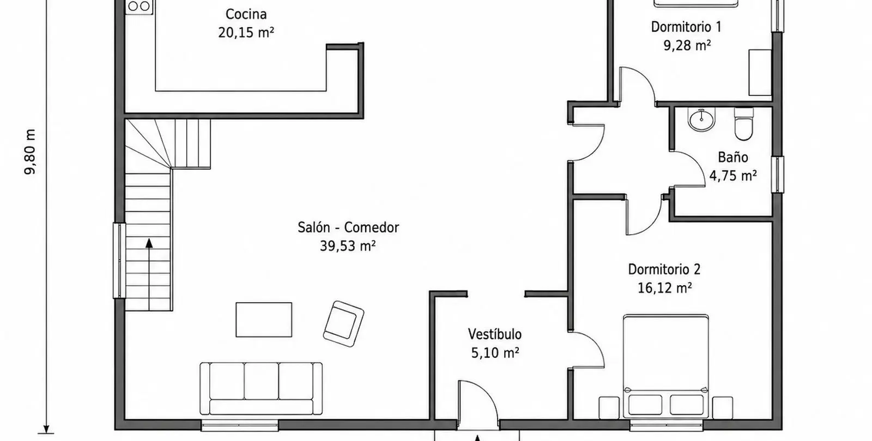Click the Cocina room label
pos(246,14)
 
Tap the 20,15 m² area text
pos(246,33)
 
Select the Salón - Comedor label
pos(348,228)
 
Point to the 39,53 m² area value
pos(348,246)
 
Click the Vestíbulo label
pos(495,334)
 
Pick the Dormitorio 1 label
pos(686,27)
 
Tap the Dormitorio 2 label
pos(664,269)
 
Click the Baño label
pos(733,157)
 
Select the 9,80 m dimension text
pos(30,152)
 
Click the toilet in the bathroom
pos(743,124)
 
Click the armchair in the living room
pos(343,323)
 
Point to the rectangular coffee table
pos(264,320)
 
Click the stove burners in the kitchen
pos(139,7)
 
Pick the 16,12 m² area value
pos(664,288)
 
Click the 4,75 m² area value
pos(733,176)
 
